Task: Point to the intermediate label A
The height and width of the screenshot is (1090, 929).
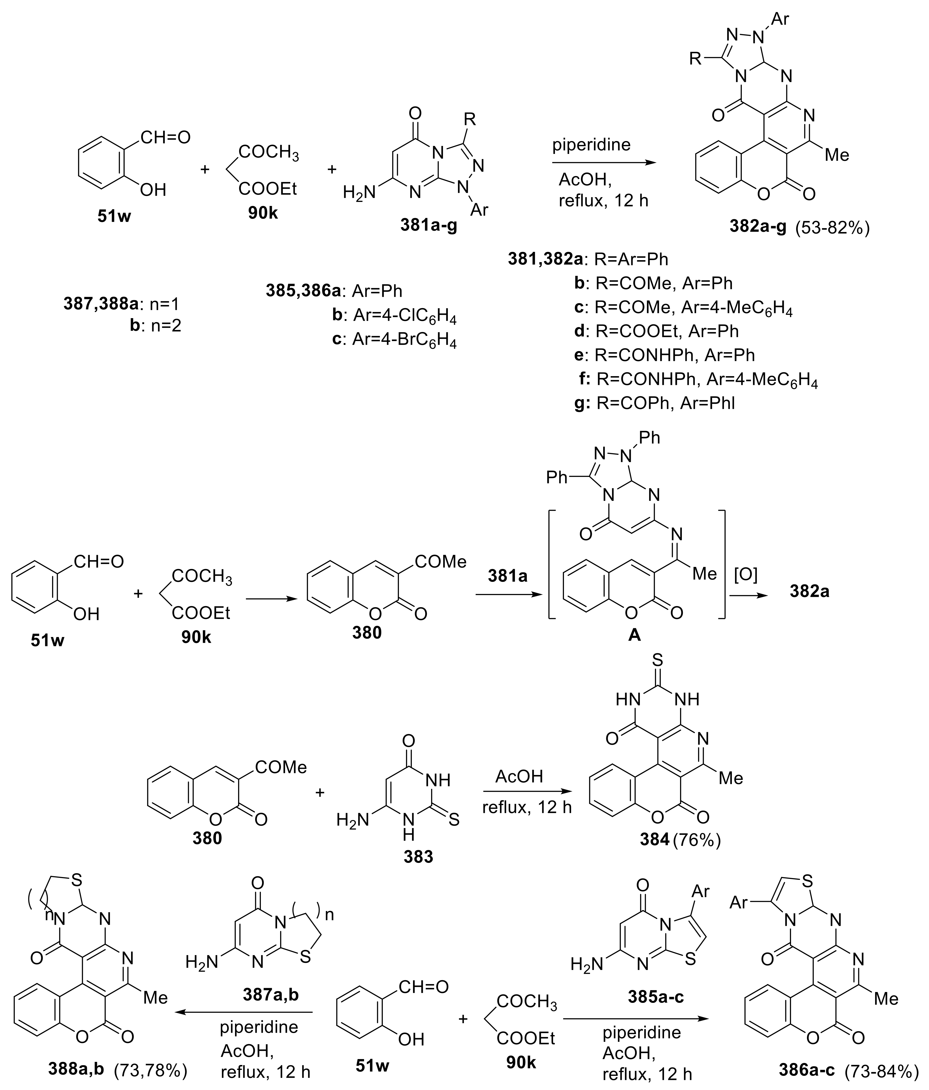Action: pos(635,635)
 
